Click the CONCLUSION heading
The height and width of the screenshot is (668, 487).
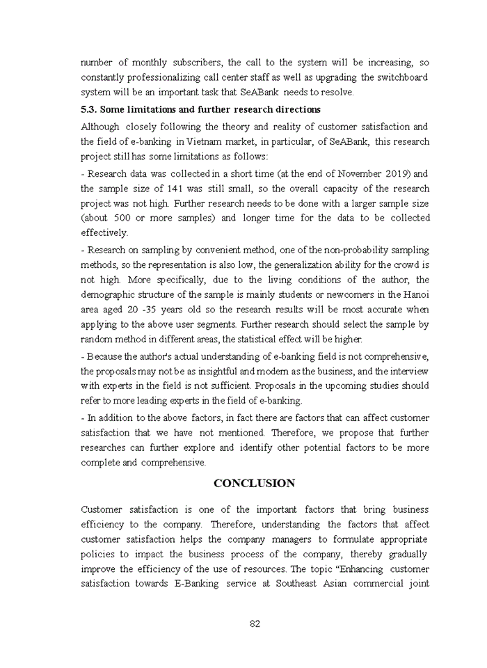(254, 484)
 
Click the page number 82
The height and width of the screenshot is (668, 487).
(255, 623)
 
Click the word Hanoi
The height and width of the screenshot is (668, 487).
(415, 294)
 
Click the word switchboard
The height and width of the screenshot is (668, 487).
(402, 77)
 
